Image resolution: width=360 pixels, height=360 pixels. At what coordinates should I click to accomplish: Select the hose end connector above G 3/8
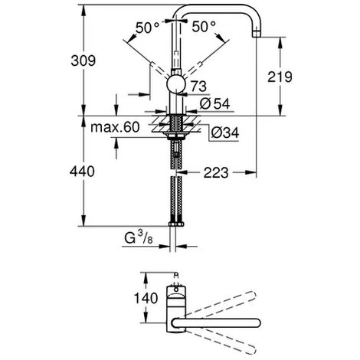[176, 222]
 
